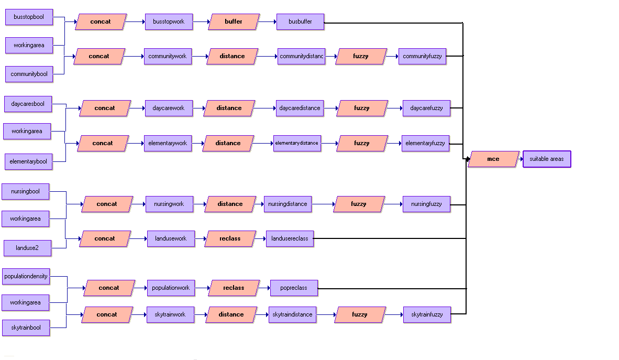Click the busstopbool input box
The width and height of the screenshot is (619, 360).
pyautogui.click(x=29, y=17)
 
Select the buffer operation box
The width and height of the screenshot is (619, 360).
pyautogui.click(x=234, y=22)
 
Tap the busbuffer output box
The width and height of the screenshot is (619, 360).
pyautogui.click(x=300, y=22)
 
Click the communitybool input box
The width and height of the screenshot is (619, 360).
pyautogui.click(x=29, y=74)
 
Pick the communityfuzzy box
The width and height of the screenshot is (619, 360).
pyautogui.click(x=422, y=56)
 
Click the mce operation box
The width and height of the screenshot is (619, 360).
pyautogui.click(x=493, y=159)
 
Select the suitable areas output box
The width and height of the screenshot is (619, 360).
pyautogui.click(x=546, y=159)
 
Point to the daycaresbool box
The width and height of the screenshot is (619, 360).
pyautogui.click(x=28, y=104)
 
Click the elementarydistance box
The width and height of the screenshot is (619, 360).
pyautogui.click(x=297, y=143)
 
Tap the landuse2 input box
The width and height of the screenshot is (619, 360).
pyautogui.click(x=27, y=248)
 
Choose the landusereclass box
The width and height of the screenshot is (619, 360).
pyautogui.click(x=290, y=238)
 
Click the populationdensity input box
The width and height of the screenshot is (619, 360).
pyautogui.click(x=26, y=276)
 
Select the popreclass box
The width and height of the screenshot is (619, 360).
pyautogui.click(x=293, y=288)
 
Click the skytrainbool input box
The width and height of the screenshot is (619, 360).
pyautogui.click(x=26, y=328)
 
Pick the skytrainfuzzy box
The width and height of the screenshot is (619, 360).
pyautogui.click(x=427, y=314)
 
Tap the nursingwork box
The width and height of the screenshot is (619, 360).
pyautogui.click(x=169, y=204)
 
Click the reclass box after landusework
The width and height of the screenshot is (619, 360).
pyautogui.click(x=230, y=238)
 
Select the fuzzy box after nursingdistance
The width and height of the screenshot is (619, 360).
pyautogui.click(x=359, y=204)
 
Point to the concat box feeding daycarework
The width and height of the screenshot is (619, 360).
pyautogui.click(x=104, y=108)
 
